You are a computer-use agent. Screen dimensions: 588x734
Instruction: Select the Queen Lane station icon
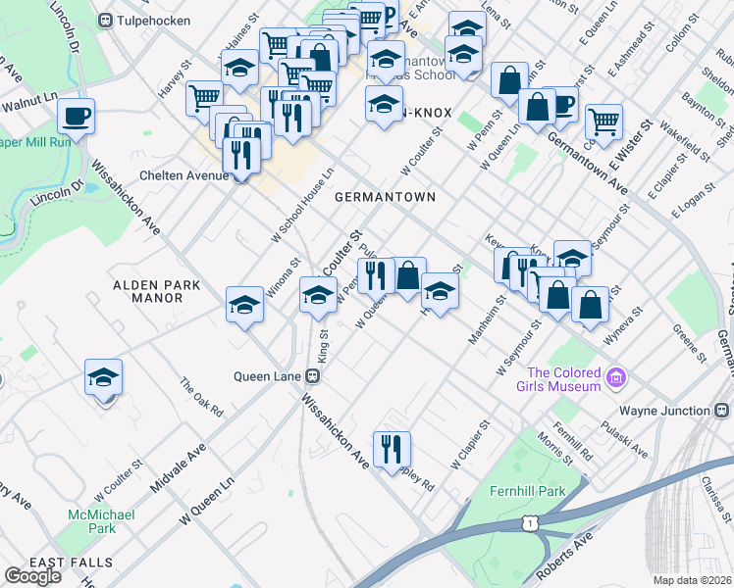pos(313,375)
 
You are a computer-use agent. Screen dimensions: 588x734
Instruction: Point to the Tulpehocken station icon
pos(105,20)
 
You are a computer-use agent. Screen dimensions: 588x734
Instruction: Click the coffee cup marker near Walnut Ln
pos(76,117)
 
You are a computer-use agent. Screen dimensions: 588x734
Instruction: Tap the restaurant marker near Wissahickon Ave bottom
pos(392,449)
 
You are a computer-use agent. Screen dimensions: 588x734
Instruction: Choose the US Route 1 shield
pos(530,524)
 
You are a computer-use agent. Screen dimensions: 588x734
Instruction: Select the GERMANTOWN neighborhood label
pos(384,197)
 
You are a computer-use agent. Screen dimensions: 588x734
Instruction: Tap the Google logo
pos(32,576)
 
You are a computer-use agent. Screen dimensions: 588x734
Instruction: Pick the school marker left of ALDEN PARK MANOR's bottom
pos(104,378)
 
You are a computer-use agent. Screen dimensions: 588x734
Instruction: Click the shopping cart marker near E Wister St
pos(604,122)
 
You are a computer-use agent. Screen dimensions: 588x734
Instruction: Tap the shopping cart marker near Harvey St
pos(204,97)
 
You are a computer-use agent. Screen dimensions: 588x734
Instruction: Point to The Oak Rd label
pos(202,397)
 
